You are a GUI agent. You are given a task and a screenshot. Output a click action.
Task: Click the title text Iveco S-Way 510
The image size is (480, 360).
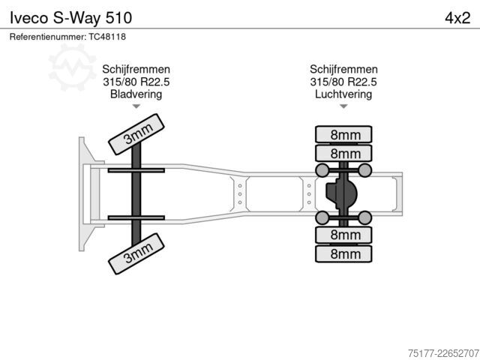(70, 18)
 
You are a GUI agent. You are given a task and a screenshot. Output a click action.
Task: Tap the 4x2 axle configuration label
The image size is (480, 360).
(457, 18)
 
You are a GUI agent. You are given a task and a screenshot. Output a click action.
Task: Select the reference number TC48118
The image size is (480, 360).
(107, 37)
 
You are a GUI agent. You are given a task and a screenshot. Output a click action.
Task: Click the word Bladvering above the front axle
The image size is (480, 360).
(136, 94)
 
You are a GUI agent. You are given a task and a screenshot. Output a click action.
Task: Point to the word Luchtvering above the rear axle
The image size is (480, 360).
(343, 94)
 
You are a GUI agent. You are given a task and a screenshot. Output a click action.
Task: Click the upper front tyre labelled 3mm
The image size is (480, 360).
(136, 134)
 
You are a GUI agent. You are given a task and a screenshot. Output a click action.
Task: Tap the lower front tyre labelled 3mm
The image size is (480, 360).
(136, 253)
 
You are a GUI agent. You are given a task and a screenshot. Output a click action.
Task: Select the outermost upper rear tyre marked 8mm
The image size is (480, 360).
(343, 134)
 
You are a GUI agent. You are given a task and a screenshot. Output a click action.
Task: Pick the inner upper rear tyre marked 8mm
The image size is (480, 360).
(343, 153)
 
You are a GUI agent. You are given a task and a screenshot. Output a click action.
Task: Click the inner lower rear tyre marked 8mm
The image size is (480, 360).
(343, 235)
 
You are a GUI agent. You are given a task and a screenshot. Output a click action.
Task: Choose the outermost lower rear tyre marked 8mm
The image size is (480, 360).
(343, 253)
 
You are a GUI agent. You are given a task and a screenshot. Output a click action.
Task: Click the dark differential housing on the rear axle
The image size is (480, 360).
(341, 194)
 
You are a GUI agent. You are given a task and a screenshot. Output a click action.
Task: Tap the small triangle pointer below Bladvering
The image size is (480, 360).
(136, 106)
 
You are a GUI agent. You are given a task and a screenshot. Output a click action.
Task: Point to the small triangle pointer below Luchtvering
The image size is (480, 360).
(343, 106)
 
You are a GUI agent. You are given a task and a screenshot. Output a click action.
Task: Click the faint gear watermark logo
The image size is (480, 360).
(72, 67)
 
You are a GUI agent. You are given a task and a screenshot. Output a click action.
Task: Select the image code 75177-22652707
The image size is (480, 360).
(443, 353)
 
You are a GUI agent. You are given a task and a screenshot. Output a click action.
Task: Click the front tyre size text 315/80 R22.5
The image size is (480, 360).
(136, 82)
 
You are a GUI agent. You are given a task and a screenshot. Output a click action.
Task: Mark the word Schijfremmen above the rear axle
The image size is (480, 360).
(343, 69)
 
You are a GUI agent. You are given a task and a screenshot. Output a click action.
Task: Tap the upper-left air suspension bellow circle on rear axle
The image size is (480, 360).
(322, 170)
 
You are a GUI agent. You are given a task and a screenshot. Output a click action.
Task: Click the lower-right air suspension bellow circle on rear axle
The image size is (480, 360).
(365, 217)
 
